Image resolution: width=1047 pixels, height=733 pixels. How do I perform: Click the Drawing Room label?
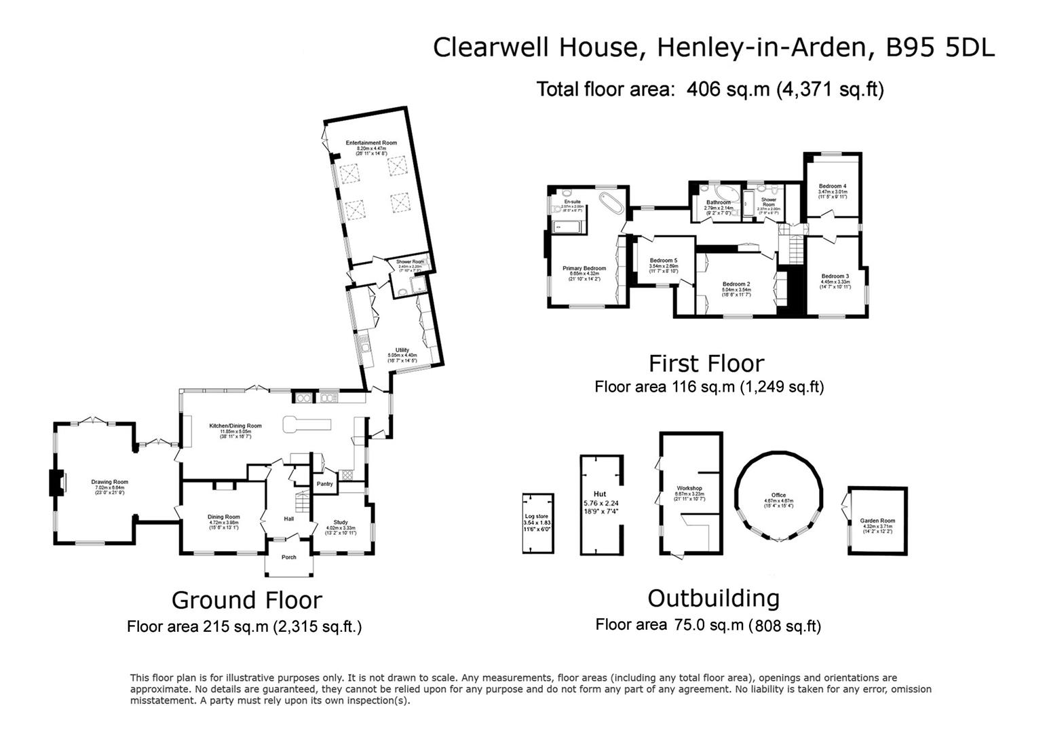[x=109, y=482]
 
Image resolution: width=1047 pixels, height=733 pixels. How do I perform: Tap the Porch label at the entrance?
[x=289, y=557]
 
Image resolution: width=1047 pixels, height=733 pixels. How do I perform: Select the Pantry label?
[x=325, y=484]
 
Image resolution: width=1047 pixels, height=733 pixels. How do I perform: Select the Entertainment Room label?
[x=370, y=143]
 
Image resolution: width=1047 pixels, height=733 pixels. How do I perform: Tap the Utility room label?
[x=402, y=350]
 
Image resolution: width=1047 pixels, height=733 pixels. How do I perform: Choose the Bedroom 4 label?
[x=832, y=186]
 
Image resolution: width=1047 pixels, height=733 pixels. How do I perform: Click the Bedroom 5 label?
[x=663, y=261]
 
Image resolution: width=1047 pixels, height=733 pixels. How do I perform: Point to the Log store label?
[x=536, y=516]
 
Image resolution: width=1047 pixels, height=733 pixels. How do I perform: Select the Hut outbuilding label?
[x=600, y=494]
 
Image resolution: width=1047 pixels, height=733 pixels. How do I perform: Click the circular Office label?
[x=778, y=495]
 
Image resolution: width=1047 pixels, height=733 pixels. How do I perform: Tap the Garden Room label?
[x=877, y=521]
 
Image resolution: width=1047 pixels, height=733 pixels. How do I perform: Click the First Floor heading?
[x=706, y=363]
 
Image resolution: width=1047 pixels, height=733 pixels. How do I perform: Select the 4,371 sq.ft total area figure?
[x=830, y=89]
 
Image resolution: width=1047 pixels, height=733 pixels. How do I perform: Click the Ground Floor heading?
[x=246, y=600]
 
